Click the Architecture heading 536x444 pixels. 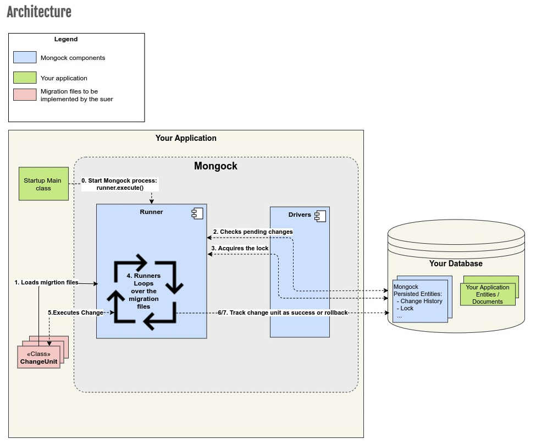tap(39, 12)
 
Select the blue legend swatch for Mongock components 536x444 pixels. tap(25, 57)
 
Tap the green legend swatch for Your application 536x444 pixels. tap(25, 78)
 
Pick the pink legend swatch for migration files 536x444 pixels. tap(25, 95)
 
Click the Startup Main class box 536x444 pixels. tap(43, 184)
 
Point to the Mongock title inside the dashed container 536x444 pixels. tap(215, 166)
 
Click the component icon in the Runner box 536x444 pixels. tap(195, 212)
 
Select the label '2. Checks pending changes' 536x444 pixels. tap(252, 232)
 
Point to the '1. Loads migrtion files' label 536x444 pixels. tap(46, 282)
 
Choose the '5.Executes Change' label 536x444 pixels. tap(75, 313)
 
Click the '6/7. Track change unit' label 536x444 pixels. tap(283, 313)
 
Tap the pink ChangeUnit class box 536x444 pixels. tap(38, 357)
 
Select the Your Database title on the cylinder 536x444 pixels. tap(456, 264)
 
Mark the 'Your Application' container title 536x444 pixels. tap(186, 138)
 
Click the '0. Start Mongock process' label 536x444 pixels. tap(119, 184)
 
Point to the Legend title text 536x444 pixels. tap(66, 40)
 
